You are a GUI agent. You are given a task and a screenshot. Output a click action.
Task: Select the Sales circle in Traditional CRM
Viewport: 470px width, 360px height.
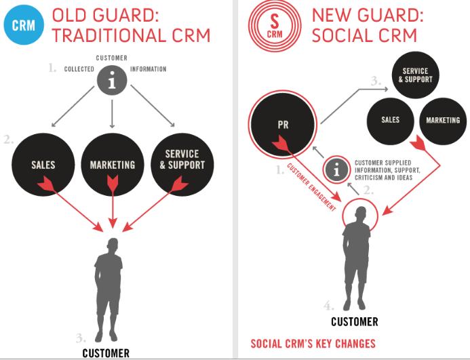tap(43, 164)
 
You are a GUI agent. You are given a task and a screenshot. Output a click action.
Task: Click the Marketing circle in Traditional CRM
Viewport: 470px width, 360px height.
tap(112, 164)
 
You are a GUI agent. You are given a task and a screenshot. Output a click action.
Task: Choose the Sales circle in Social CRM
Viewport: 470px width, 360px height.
tap(390, 120)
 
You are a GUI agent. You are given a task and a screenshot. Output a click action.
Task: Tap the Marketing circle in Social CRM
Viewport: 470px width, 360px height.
tap(442, 120)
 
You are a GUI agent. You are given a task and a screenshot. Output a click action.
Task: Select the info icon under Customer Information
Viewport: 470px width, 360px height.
tap(112, 81)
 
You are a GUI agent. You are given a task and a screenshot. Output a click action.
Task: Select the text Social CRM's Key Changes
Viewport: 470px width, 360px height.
tap(313, 343)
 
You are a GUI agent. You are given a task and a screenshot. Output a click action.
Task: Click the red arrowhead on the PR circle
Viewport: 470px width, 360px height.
tap(279, 144)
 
